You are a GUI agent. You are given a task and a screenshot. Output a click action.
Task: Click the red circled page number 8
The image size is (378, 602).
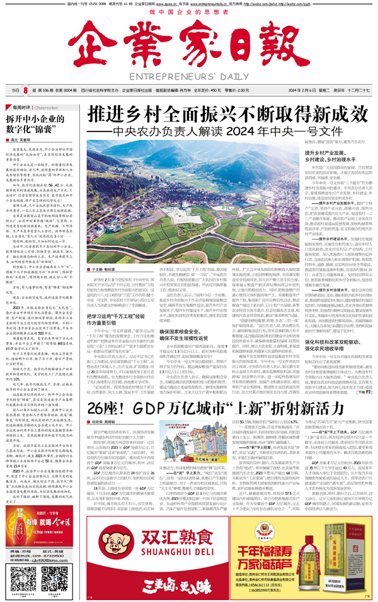26,90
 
